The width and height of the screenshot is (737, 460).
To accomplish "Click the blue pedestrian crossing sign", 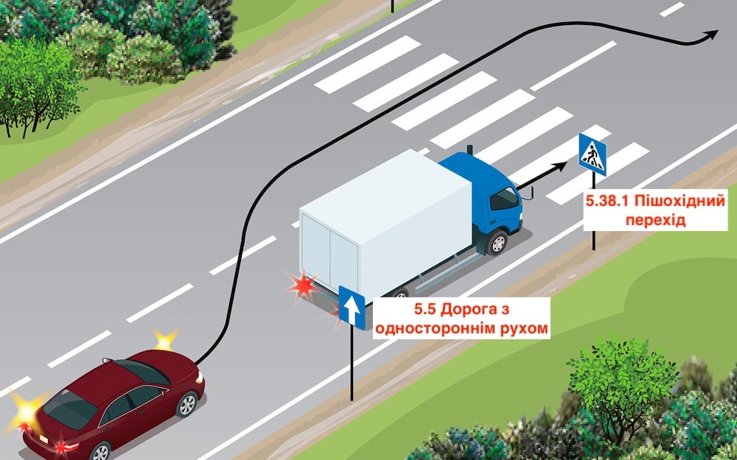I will pos(592,153).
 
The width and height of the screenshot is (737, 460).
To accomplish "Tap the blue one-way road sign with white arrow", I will pos(352,307).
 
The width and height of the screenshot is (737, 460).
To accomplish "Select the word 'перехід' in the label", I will pos(656,220).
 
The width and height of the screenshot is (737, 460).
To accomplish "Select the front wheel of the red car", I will pos(188,404).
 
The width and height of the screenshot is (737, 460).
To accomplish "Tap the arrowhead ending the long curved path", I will pos(712,35).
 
